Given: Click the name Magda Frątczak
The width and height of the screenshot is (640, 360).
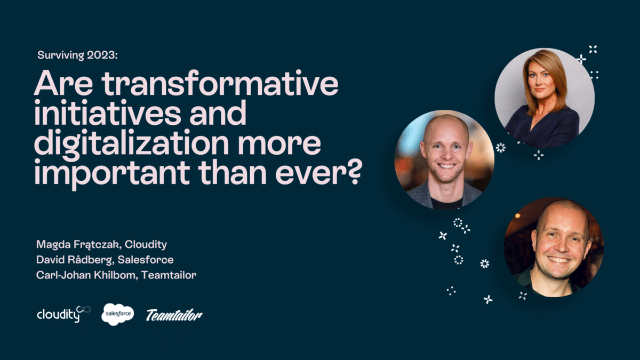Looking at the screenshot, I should [75, 245].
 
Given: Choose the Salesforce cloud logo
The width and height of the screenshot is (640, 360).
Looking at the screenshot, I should [117, 314].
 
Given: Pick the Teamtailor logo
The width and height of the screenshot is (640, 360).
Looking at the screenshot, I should [174, 315].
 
